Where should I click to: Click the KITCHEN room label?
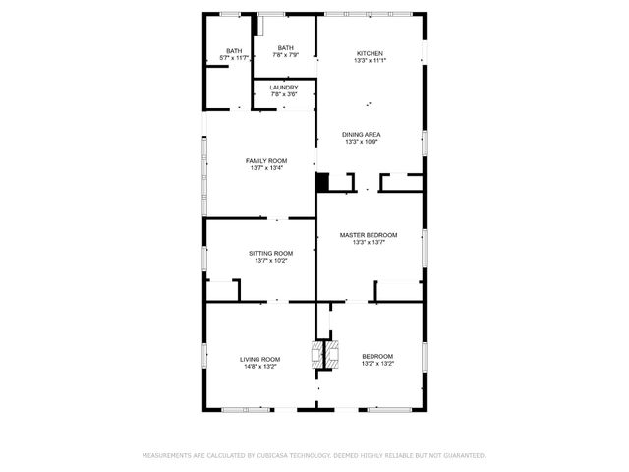click(x=370, y=53)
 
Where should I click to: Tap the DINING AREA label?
click(x=362, y=134)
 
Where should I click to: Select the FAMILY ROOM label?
click(x=265, y=160)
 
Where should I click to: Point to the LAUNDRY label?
click(x=285, y=88)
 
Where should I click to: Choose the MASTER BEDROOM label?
click(x=369, y=235)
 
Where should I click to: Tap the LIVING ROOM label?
click(x=260, y=359)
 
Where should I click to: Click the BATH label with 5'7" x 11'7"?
click(x=234, y=51)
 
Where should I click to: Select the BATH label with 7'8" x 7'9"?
click(x=285, y=48)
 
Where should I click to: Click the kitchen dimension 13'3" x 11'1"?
click(x=370, y=61)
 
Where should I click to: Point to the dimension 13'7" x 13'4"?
click(x=265, y=168)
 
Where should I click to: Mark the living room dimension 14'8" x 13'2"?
click(x=260, y=367)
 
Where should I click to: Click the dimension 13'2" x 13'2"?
click(x=377, y=364)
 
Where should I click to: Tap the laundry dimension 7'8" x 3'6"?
click(x=285, y=95)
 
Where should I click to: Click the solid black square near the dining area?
click(x=321, y=182)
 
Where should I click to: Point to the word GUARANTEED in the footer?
click(x=463, y=456)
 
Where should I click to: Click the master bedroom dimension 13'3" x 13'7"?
click(x=369, y=243)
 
